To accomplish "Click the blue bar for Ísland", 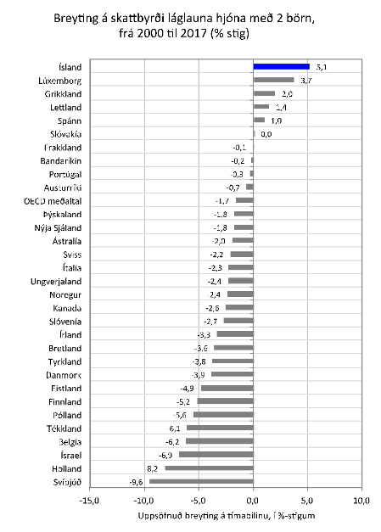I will pyautogui.click(x=281, y=65).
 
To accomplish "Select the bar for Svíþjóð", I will pyautogui.click(x=201, y=482).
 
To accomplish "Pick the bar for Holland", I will pyautogui.click(x=209, y=468).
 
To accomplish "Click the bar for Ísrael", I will pyautogui.click(x=216, y=455).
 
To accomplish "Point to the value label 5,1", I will pyautogui.click(x=320, y=65).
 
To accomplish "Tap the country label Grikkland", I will pyautogui.click(x=64, y=93).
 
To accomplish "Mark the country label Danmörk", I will pyautogui.click(x=64, y=374).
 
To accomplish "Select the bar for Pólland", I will pyautogui.click(x=223, y=415).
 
